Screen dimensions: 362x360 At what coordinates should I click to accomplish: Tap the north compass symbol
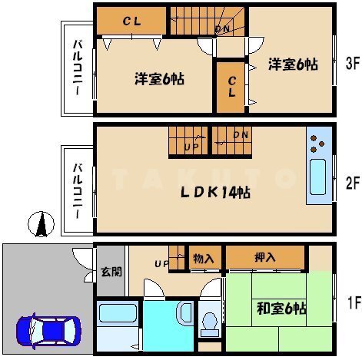tap(41, 224)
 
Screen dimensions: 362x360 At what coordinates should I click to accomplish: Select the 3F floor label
tap(353, 63)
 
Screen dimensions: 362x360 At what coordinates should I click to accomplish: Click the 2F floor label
tap(353, 183)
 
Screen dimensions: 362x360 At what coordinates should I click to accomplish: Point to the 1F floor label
tap(354, 302)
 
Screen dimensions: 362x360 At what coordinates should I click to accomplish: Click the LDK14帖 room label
tap(215, 193)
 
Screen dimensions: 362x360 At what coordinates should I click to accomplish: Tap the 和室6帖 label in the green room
tap(281, 308)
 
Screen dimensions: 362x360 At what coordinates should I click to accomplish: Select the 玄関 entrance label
tap(111, 272)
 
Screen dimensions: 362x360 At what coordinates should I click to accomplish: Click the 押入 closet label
tap(265, 257)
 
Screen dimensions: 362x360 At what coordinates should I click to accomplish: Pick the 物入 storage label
tap(204, 259)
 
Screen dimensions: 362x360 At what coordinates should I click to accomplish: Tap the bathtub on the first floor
tap(118, 313)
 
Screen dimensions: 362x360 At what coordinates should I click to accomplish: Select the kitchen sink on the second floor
tap(317, 177)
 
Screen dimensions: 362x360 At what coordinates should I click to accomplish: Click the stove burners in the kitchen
tap(317, 144)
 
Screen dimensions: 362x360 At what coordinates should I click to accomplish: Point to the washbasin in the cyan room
tap(185, 312)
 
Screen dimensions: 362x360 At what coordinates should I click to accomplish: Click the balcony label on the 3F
tap(78, 68)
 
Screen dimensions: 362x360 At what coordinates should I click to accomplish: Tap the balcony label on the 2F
tap(78, 191)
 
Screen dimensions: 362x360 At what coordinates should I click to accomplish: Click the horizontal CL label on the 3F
tap(131, 21)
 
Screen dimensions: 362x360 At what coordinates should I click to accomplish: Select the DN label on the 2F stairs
tap(241, 134)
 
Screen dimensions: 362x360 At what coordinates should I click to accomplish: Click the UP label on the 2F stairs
tap(191, 147)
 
